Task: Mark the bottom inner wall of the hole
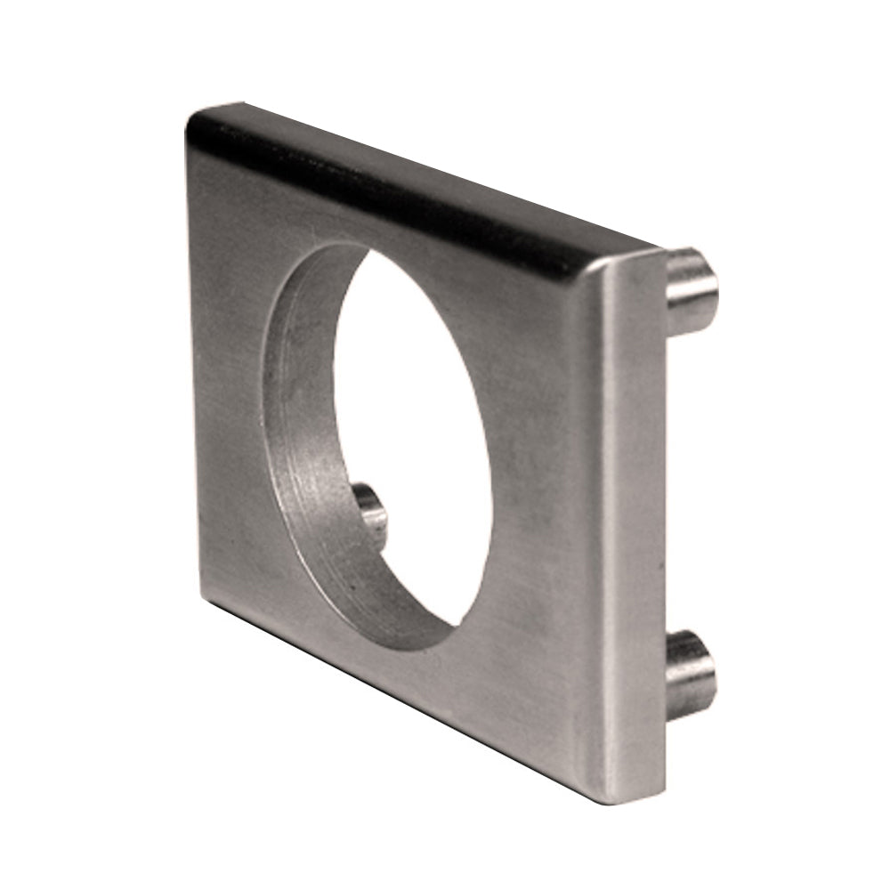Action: click(392, 614)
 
